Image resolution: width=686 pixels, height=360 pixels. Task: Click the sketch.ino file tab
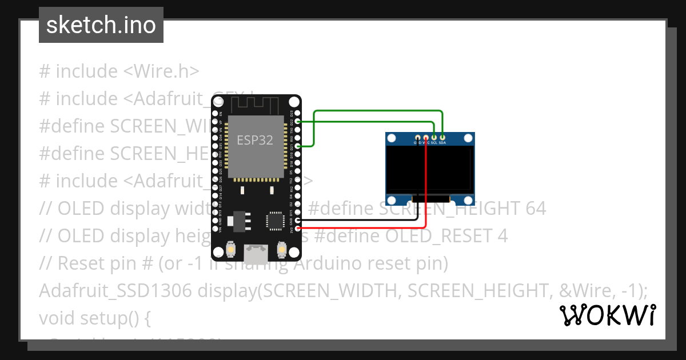pyautogui.click(x=101, y=25)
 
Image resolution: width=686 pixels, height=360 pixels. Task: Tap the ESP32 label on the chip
pyautogui.click(x=255, y=139)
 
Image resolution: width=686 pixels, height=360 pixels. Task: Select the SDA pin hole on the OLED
pyautogui.click(x=442, y=137)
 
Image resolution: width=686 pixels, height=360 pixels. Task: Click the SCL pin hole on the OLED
pyautogui.click(x=434, y=137)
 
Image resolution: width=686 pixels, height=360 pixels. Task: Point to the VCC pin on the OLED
pyautogui.click(x=426, y=137)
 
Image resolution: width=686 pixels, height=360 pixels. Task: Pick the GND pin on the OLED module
pyautogui.click(x=418, y=137)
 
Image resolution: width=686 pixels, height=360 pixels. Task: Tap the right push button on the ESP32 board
pyautogui.click(x=281, y=250)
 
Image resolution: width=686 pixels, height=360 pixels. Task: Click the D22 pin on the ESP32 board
pyautogui.click(x=297, y=121)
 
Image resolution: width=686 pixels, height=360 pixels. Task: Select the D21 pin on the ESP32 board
pyautogui.click(x=297, y=146)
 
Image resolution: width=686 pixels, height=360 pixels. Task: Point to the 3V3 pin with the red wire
pyautogui.click(x=297, y=229)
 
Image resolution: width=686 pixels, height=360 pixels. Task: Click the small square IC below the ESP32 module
pyautogui.click(x=275, y=221)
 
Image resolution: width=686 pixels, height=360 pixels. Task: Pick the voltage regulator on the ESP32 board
pyautogui.click(x=235, y=219)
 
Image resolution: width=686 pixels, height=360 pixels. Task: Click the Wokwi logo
pyautogui.click(x=608, y=315)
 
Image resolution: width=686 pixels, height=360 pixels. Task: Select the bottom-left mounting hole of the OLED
pyautogui.click(x=392, y=200)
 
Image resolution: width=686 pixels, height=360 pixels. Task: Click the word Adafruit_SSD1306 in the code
pyautogui.click(x=115, y=291)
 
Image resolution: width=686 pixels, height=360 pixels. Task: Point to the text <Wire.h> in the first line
pyautogui.click(x=161, y=71)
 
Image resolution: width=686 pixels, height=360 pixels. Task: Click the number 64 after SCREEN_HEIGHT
pyautogui.click(x=535, y=209)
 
